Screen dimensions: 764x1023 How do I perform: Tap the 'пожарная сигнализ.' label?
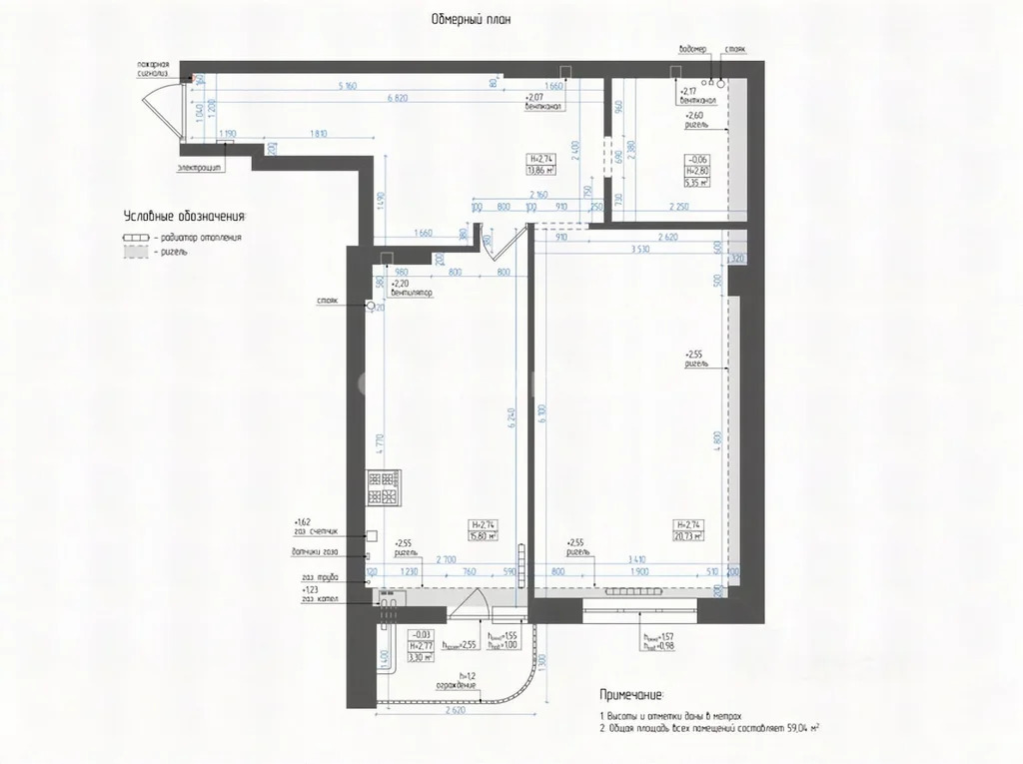click(x=160, y=68)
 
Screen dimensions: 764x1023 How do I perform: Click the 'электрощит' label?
click(x=200, y=168)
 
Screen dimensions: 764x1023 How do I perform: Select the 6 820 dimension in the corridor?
click(x=397, y=99)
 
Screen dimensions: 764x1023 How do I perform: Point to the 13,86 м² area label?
click(x=541, y=171)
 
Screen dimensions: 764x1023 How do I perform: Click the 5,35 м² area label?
click(x=695, y=183)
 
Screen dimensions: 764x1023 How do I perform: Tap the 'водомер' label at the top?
click(x=691, y=48)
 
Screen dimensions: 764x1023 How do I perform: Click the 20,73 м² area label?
click(x=688, y=536)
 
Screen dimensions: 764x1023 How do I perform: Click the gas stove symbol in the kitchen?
click(x=383, y=487)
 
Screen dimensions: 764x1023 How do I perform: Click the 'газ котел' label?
click(x=320, y=599)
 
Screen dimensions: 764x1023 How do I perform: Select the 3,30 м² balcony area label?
click(x=420, y=658)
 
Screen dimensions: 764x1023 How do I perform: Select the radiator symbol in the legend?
click(x=135, y=238)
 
